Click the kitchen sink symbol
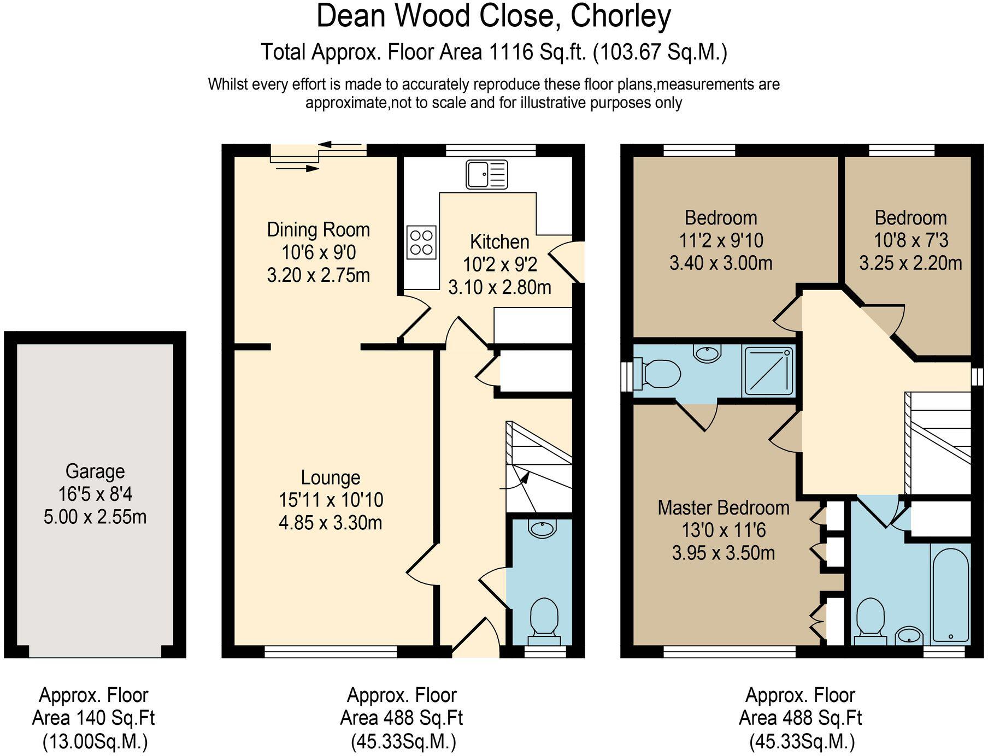tap(486, 174)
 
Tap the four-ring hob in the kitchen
tap(421, 243)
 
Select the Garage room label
tap(95, 471)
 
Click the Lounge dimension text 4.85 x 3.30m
tap(330, 523)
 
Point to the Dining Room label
tap(318, 229)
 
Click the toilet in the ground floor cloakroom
tap(544, 617)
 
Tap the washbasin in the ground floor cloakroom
tap(542, 528)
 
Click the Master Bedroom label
tap(723, 507)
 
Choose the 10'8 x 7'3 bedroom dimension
tap(910, 240)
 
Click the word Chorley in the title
tap(621, 16)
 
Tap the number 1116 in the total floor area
tap(511, 52)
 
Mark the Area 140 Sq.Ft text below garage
tap(93, 718)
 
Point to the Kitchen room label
tap(499, 241)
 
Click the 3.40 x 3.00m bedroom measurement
tap(720, 263)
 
